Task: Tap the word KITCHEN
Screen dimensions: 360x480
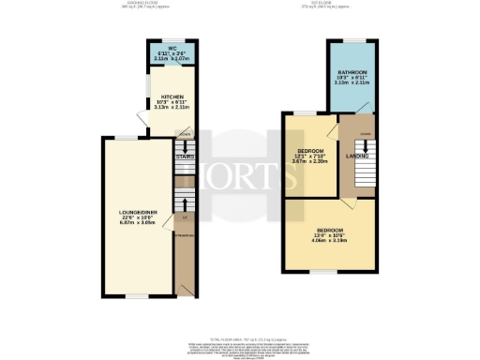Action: (172, 97)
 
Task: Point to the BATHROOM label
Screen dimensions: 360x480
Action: (352, 72)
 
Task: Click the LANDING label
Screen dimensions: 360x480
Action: (356, 156)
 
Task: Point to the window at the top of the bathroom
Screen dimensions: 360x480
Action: (352, 40)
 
